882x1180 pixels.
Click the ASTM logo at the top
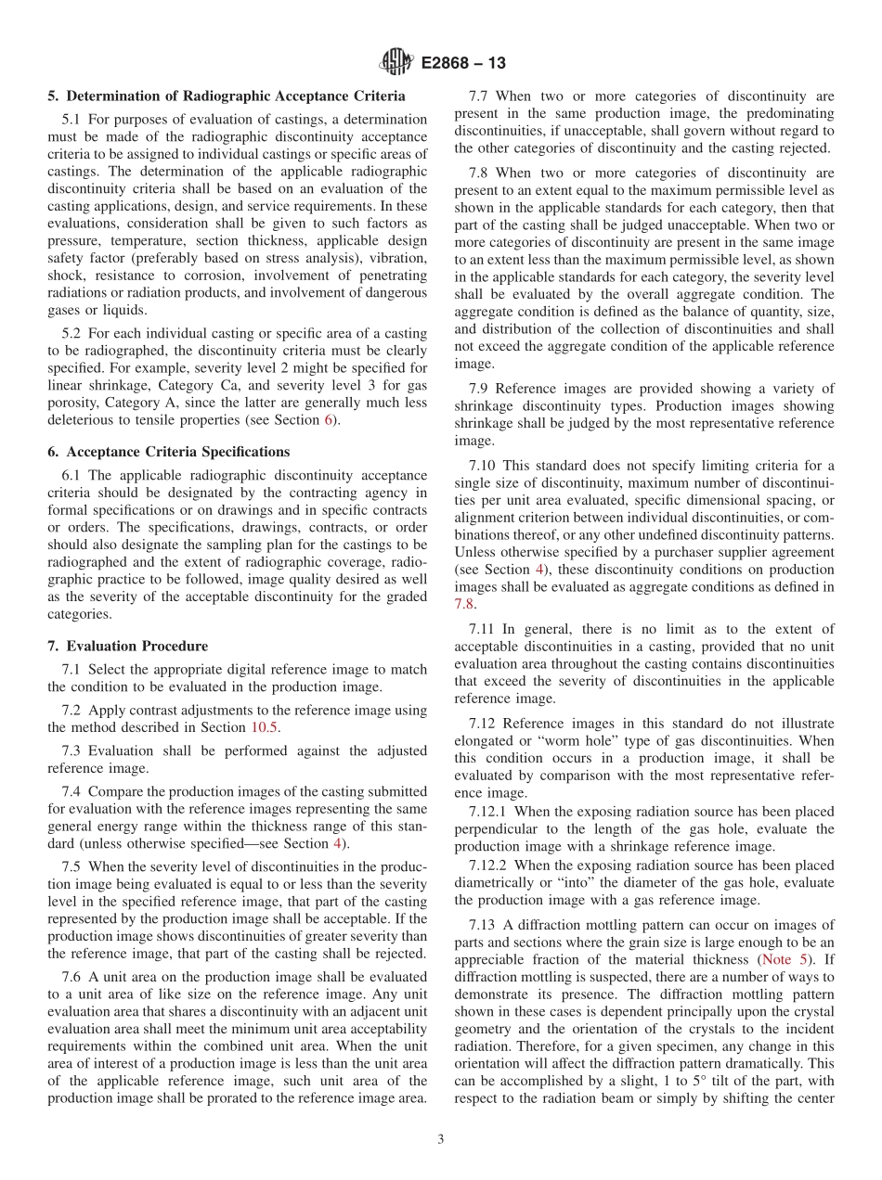pyautogui.click(x=396, y=63)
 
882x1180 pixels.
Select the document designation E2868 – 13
pyautogui.click(x=462, y=64)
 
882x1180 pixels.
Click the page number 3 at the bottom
pyautogui.click(x=441, y=1139)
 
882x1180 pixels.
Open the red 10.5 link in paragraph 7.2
pyautogui.click(x=265, y=727)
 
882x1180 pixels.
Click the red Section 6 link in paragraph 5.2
pyautogui.click(x=327, y=419)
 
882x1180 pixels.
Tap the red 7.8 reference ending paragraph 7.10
pyautogui.click(x=464, y=603)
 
